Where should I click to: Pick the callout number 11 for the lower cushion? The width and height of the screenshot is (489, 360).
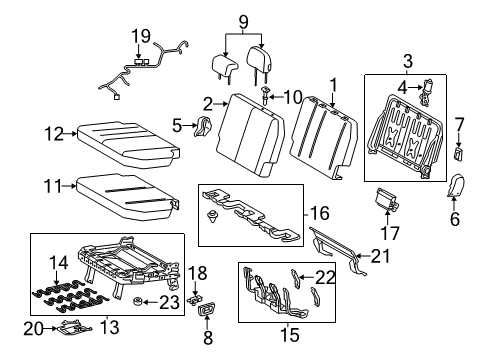53,184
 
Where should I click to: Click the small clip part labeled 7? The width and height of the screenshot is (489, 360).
459,153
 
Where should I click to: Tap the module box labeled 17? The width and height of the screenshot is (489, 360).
385,200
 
